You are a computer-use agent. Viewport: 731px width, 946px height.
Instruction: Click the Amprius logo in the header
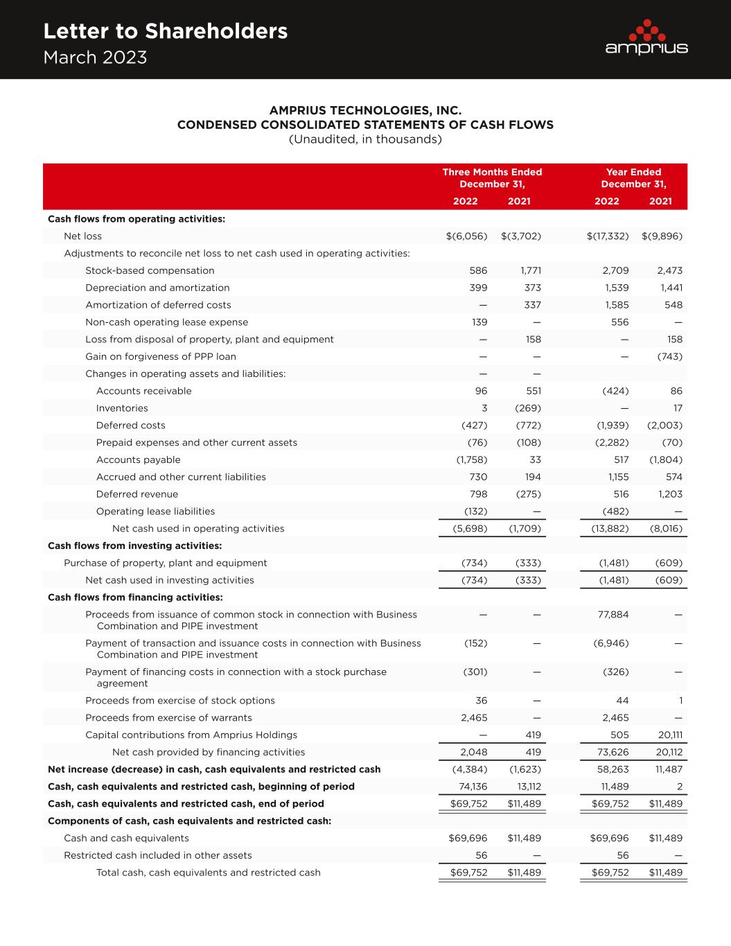(646, 37)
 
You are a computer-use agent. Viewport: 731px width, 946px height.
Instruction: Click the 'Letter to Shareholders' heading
(165, 31)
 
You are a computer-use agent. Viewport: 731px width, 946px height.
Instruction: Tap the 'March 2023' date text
(95, 58)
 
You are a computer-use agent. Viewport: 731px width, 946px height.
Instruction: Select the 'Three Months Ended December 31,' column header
(492, 177)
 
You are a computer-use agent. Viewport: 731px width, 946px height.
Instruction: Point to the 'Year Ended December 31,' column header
(633, 177)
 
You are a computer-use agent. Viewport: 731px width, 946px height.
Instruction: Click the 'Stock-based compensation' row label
(150, 270)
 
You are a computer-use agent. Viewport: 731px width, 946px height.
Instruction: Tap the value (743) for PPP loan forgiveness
(669, 356)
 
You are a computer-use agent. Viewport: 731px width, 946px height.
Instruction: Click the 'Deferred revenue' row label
(136, 494)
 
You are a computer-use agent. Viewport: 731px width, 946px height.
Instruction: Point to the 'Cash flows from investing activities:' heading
(134, 545)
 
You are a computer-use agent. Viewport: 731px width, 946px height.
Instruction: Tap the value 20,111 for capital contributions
(669, 735)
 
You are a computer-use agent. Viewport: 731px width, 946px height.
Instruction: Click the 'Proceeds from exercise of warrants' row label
(168, 717)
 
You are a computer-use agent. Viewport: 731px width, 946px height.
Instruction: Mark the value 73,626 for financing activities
(613, 752)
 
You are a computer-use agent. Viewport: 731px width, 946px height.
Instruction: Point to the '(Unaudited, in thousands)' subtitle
(365, 139)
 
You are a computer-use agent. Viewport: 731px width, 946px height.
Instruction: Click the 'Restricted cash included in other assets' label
(158, 855)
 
